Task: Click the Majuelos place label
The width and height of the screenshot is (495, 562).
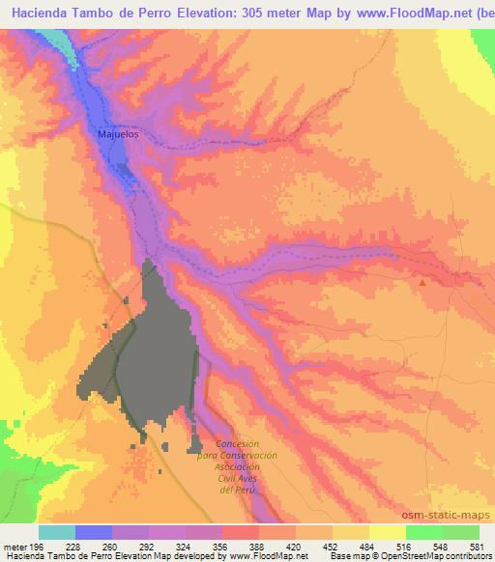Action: pos(119,134)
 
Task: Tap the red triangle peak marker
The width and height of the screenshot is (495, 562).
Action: pos(422,282)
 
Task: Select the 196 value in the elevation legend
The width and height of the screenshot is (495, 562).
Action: pos(36,545)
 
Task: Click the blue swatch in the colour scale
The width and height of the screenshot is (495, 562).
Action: pos(93,532)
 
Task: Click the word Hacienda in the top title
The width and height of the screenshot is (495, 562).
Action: pos(42,14)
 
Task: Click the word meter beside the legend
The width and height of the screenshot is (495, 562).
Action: pos(14,545)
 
